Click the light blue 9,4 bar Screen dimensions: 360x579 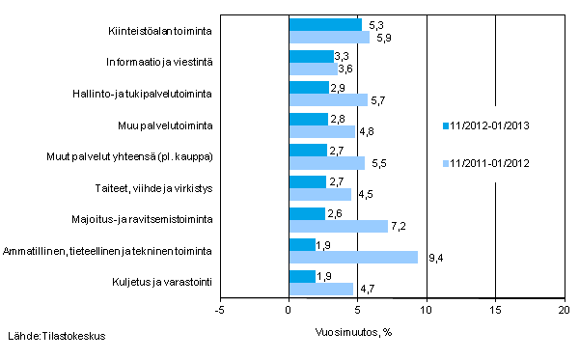353,258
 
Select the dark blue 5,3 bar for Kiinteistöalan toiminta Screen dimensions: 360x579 325,25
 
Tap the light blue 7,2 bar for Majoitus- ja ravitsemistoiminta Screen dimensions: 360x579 338,226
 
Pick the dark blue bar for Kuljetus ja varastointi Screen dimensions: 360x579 302,277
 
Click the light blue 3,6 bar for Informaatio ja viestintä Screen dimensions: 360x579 314,69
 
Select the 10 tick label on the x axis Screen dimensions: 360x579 426,311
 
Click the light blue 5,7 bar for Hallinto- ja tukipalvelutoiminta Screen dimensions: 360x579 328,99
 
